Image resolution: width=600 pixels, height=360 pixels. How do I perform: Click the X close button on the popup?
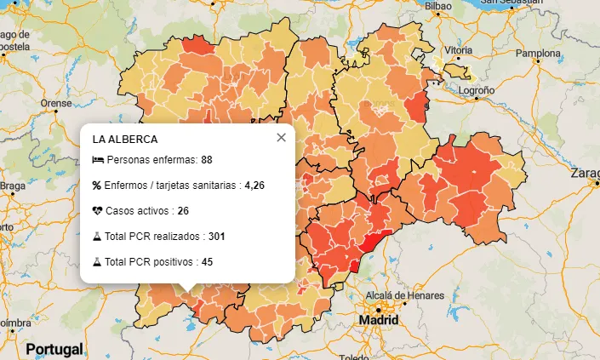pyautogui.click(x=281, y=138)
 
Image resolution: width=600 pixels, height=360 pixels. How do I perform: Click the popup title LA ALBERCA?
pyautogui.click(x=125, y=139)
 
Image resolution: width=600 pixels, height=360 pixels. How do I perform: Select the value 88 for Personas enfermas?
pyautogui.click(x=207, y=160)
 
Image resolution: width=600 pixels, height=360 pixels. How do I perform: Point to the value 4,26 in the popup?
pyautogui.click(x=254, y=186)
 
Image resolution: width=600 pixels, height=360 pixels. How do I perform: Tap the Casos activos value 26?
pyautogui.click(x=183, y=211)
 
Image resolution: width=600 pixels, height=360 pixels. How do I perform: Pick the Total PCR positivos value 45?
pyautogui.click(x=207, y=261)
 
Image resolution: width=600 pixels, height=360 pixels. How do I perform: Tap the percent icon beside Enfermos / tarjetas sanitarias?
pyautogui.click(x=97, y=186)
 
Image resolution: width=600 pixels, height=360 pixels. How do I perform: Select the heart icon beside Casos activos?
pyautogui.click(x=97, y=211)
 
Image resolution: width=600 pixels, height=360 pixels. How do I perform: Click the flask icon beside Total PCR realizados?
pyautogui.click(x=97, y=236)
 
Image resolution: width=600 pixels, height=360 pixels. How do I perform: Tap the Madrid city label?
pyautogui.click(x=378, y=320)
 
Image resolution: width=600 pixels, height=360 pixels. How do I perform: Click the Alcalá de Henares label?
pyautogui.click(x=404, y=295)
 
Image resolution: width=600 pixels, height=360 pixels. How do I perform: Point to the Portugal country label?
pyautogui.click(x=54, y=349)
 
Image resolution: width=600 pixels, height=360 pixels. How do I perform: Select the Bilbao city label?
pyautogui.click(x=437, y=6)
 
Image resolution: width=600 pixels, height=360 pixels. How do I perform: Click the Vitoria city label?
pyautogui.click(x=457, y=50)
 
